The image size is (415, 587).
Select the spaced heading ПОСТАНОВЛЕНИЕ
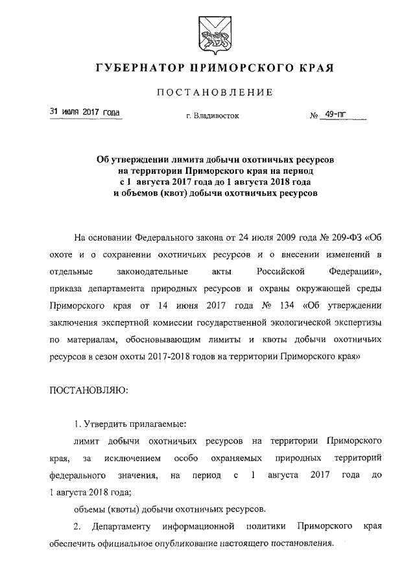[x=207, y=92]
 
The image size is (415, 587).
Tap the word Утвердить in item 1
[x=108, y=425]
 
